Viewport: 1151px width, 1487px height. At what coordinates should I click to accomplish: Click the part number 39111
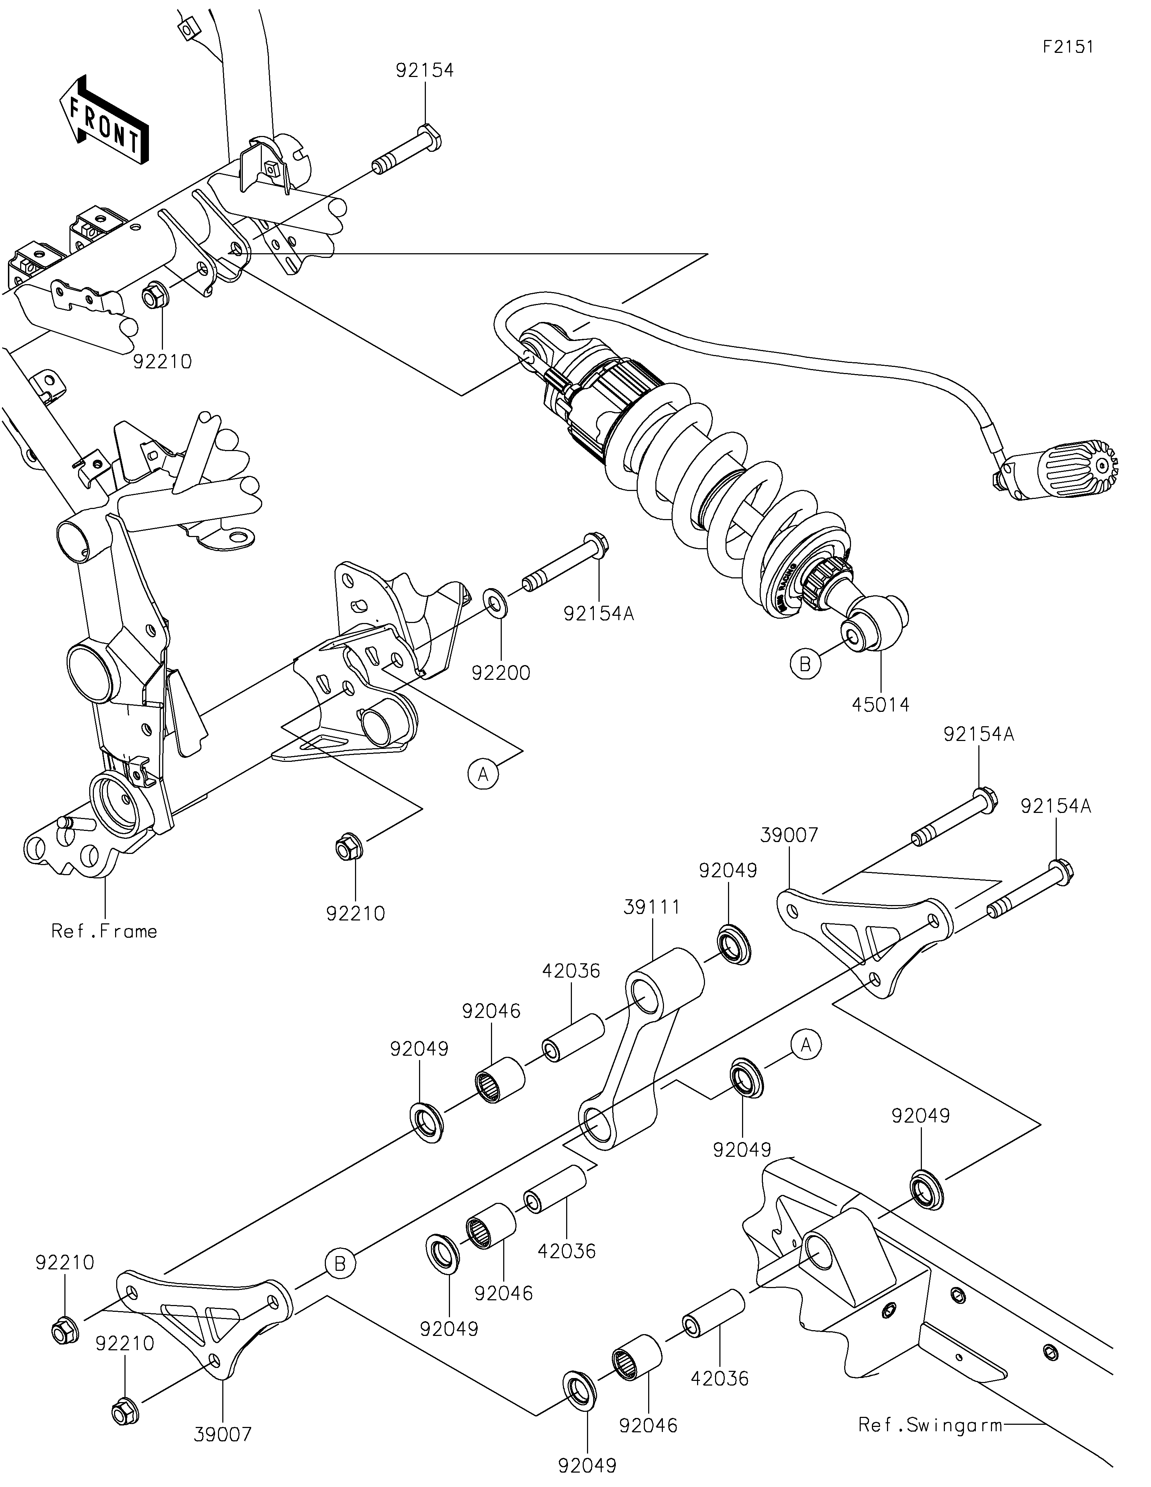pyautogui.click(x=654, y=907)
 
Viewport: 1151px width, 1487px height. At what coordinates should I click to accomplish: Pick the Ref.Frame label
pyautogui.click(x=104, y=931)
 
